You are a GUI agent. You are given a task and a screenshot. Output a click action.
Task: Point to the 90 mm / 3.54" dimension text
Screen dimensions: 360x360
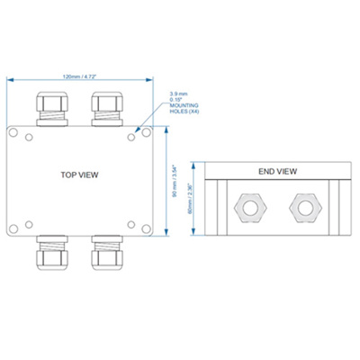point(174,180)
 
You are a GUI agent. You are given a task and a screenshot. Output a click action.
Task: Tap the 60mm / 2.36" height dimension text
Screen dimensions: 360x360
point(189,198)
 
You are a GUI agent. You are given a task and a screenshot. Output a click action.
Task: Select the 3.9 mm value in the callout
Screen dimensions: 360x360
point(180,93)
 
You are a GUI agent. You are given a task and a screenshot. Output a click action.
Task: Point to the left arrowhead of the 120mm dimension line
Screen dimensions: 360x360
point(10,82)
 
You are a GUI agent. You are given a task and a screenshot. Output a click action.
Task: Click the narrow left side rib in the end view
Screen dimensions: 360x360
point(212,207)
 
